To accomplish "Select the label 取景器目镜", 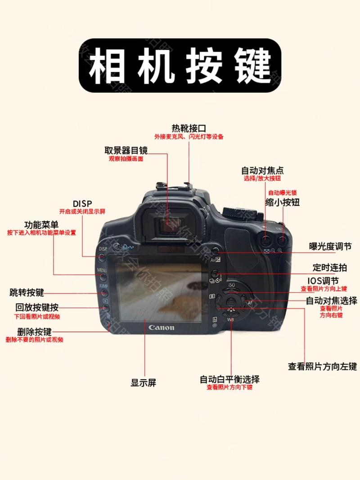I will tap(126, 150).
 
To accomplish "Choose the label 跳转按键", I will tap(27, 292).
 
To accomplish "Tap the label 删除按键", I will tap(34, 332).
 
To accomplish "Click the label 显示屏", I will tap(143, 383).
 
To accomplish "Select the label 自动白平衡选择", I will tap(229, 379).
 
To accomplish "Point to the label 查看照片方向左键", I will tap(322, 367).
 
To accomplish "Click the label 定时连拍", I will tap(330, 268).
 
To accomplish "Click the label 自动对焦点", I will tap(262, 171).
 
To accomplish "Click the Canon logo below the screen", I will tap(161, 327).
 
